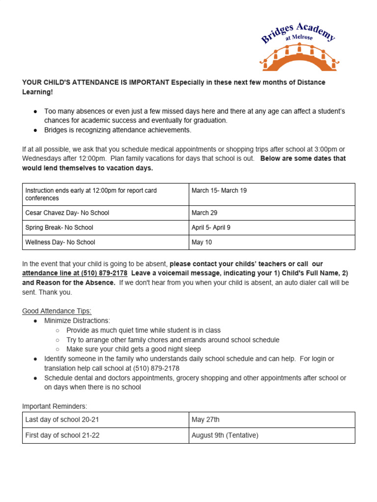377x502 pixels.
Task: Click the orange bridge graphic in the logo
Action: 299,59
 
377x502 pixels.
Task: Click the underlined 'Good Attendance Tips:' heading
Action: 56,311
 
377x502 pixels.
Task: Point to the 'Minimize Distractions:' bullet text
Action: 77,321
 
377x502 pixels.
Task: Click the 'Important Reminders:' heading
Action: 54,406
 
